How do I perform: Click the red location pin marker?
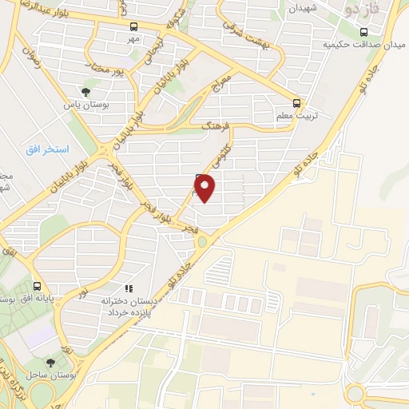point(205,188)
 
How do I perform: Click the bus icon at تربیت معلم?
point(297,103)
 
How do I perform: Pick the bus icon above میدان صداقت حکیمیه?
point(363,33)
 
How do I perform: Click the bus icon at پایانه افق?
point(37,286)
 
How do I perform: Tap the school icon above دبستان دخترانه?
point(127,288)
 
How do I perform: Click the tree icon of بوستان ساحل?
point(52,363)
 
